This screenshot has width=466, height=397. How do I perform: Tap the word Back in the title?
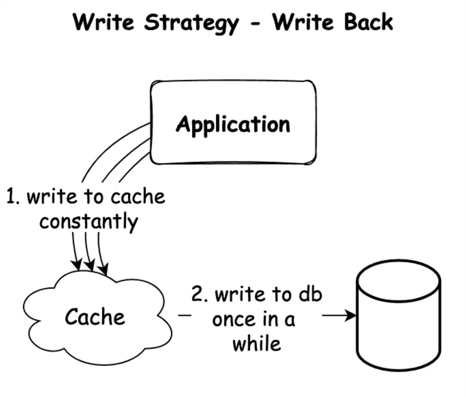pos(368,22)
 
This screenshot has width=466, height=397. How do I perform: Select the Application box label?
pos(233,125)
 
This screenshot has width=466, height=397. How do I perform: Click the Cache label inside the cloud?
pos(95,317)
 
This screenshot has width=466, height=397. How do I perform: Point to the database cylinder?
pos(399,315)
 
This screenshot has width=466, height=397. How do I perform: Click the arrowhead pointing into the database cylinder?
pos(350,315)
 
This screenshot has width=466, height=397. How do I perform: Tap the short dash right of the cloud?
pos(185,315)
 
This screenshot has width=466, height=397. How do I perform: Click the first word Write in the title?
pos(104,22)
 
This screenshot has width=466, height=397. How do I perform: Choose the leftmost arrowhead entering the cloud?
pos(77,265)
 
